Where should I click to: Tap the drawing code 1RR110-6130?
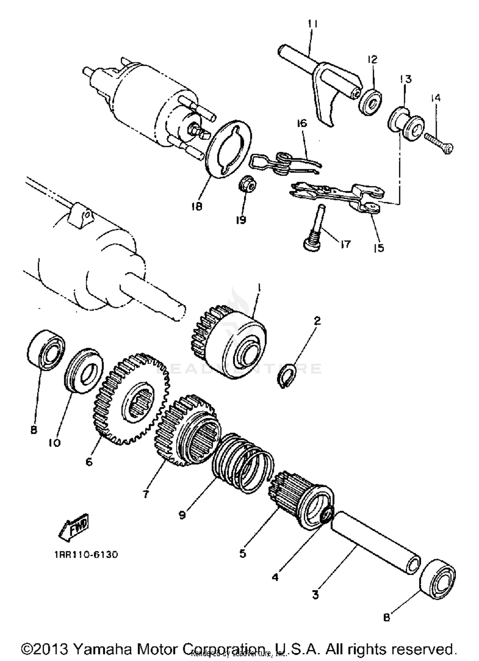86,554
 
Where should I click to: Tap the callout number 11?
313,24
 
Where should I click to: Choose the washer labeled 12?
370,103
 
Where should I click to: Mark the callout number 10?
55,443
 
